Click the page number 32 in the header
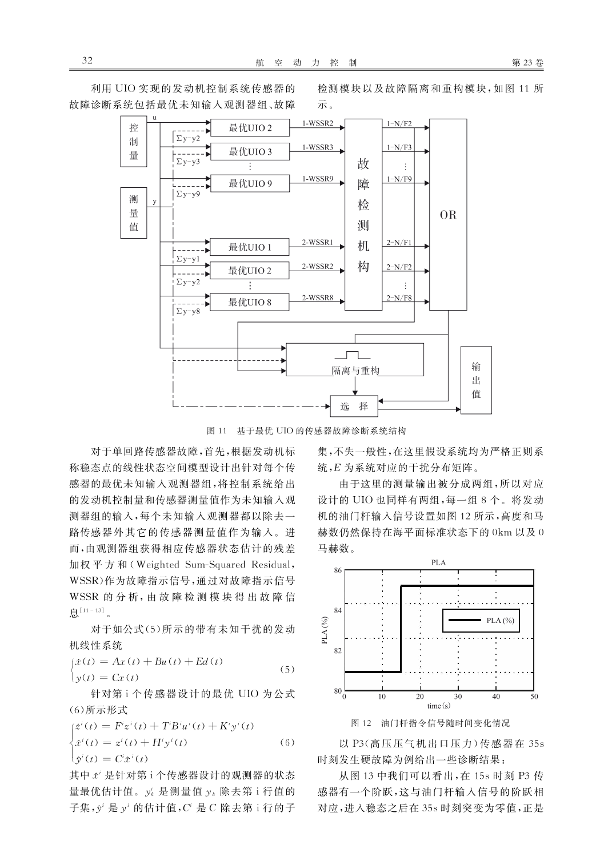click(x=87, y=61)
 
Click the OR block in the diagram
click(x=448, y=215)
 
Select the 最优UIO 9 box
click(x=250, y=183)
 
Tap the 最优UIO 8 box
click(x=250, y=302)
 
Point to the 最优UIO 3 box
click(x=250, y=151)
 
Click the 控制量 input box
click(x=134, y=142)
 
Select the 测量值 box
click(x=134, y=213)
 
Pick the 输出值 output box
click(x=476, y=380)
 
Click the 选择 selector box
click(x=354, y=407)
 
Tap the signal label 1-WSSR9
click(x=317, y=179)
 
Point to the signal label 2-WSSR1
click(x=317, y=243)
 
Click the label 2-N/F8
click(x=399, y=297)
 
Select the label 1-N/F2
click(x=399, y=123)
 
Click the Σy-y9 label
click(x=188, y=194)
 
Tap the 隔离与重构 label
click(x=355, y=371)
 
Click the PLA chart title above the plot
click(x=438, y=562)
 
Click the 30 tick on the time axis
click(x=458, y=697)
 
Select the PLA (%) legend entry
click(x=481, y=620)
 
